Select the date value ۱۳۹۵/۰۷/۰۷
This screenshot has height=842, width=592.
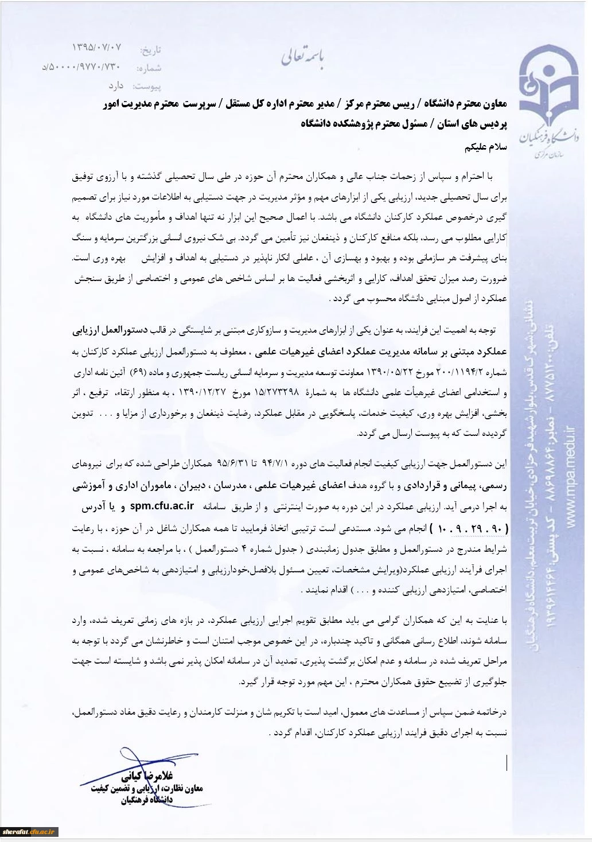click(97, 46)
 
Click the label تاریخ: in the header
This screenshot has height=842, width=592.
click(151, 50)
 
